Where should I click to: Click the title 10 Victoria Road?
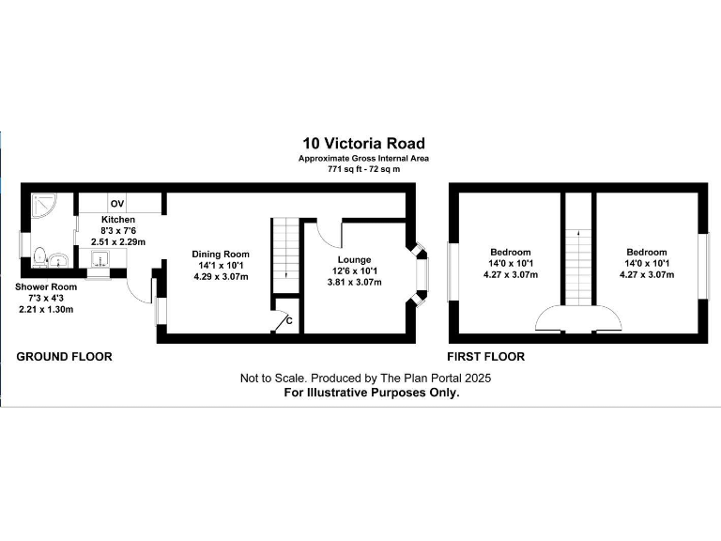click(362, 144)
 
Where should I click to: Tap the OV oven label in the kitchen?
click(117, 204)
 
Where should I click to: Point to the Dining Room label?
click(221, 254)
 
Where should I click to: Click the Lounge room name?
click(355, 259)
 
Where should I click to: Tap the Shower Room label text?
click(46, 286)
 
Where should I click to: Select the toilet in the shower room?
click(40, 255)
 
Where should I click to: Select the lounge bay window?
click(420, 273)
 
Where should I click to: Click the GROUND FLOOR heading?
click(65, 357)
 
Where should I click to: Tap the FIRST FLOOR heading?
click(485, 357)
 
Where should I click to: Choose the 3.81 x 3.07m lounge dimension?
click(355, 282)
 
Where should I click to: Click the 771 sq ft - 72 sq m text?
click(362, 169)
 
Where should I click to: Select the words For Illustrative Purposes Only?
click(372, 394)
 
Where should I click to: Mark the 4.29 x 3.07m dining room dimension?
click(221, 276)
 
